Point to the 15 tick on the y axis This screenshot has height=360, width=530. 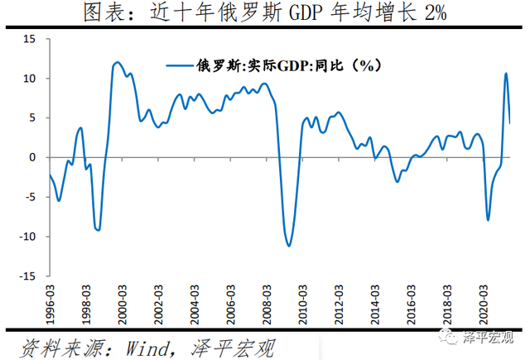point(29,39)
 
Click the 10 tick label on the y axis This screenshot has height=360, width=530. point(29,79)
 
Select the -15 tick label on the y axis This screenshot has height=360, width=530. point(26,276)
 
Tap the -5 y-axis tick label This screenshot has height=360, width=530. point(29,197)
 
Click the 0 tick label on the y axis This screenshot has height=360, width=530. point(32,157)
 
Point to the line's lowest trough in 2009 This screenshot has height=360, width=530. point(289,246)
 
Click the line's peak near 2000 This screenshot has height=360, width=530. point(117,62)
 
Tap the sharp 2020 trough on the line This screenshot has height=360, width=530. point(488,219)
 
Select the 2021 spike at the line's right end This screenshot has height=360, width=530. point(506,74)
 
